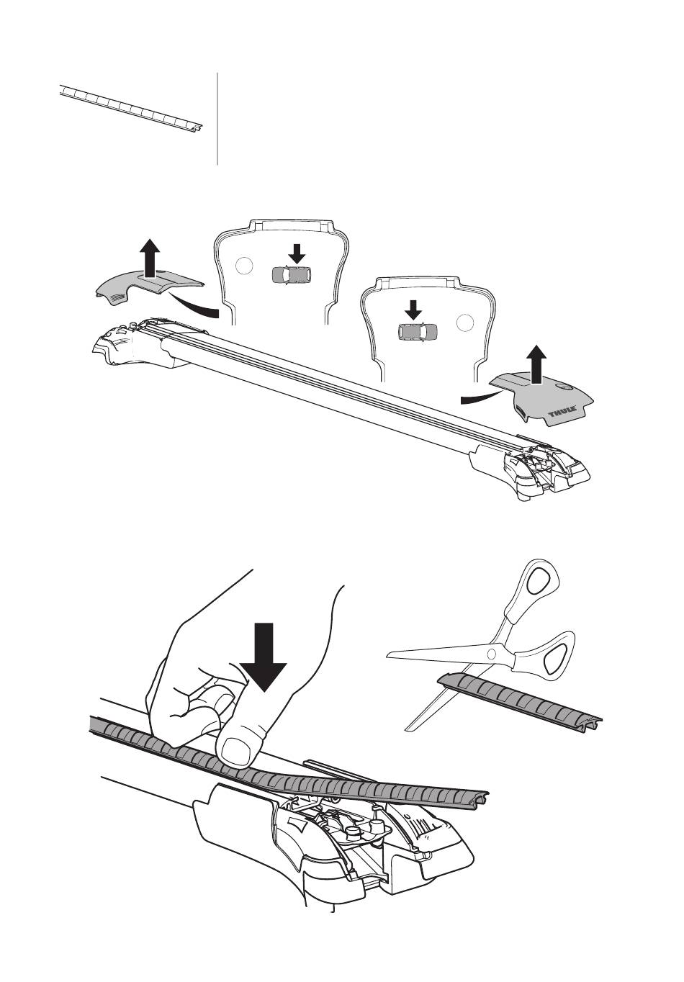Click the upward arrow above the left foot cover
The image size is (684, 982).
click(x=149, y=258)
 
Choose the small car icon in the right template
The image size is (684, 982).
click(x=418, y=332)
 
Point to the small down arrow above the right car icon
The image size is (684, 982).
click(x=413, y=310)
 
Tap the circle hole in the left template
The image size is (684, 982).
click(x=246, y=265)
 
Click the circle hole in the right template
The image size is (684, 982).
click(x=467, y=322)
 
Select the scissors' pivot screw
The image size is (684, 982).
click(x=492, y=654)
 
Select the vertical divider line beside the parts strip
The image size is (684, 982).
click(x=217, y=118)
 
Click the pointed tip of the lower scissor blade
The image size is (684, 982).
click(x=407, y=731)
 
